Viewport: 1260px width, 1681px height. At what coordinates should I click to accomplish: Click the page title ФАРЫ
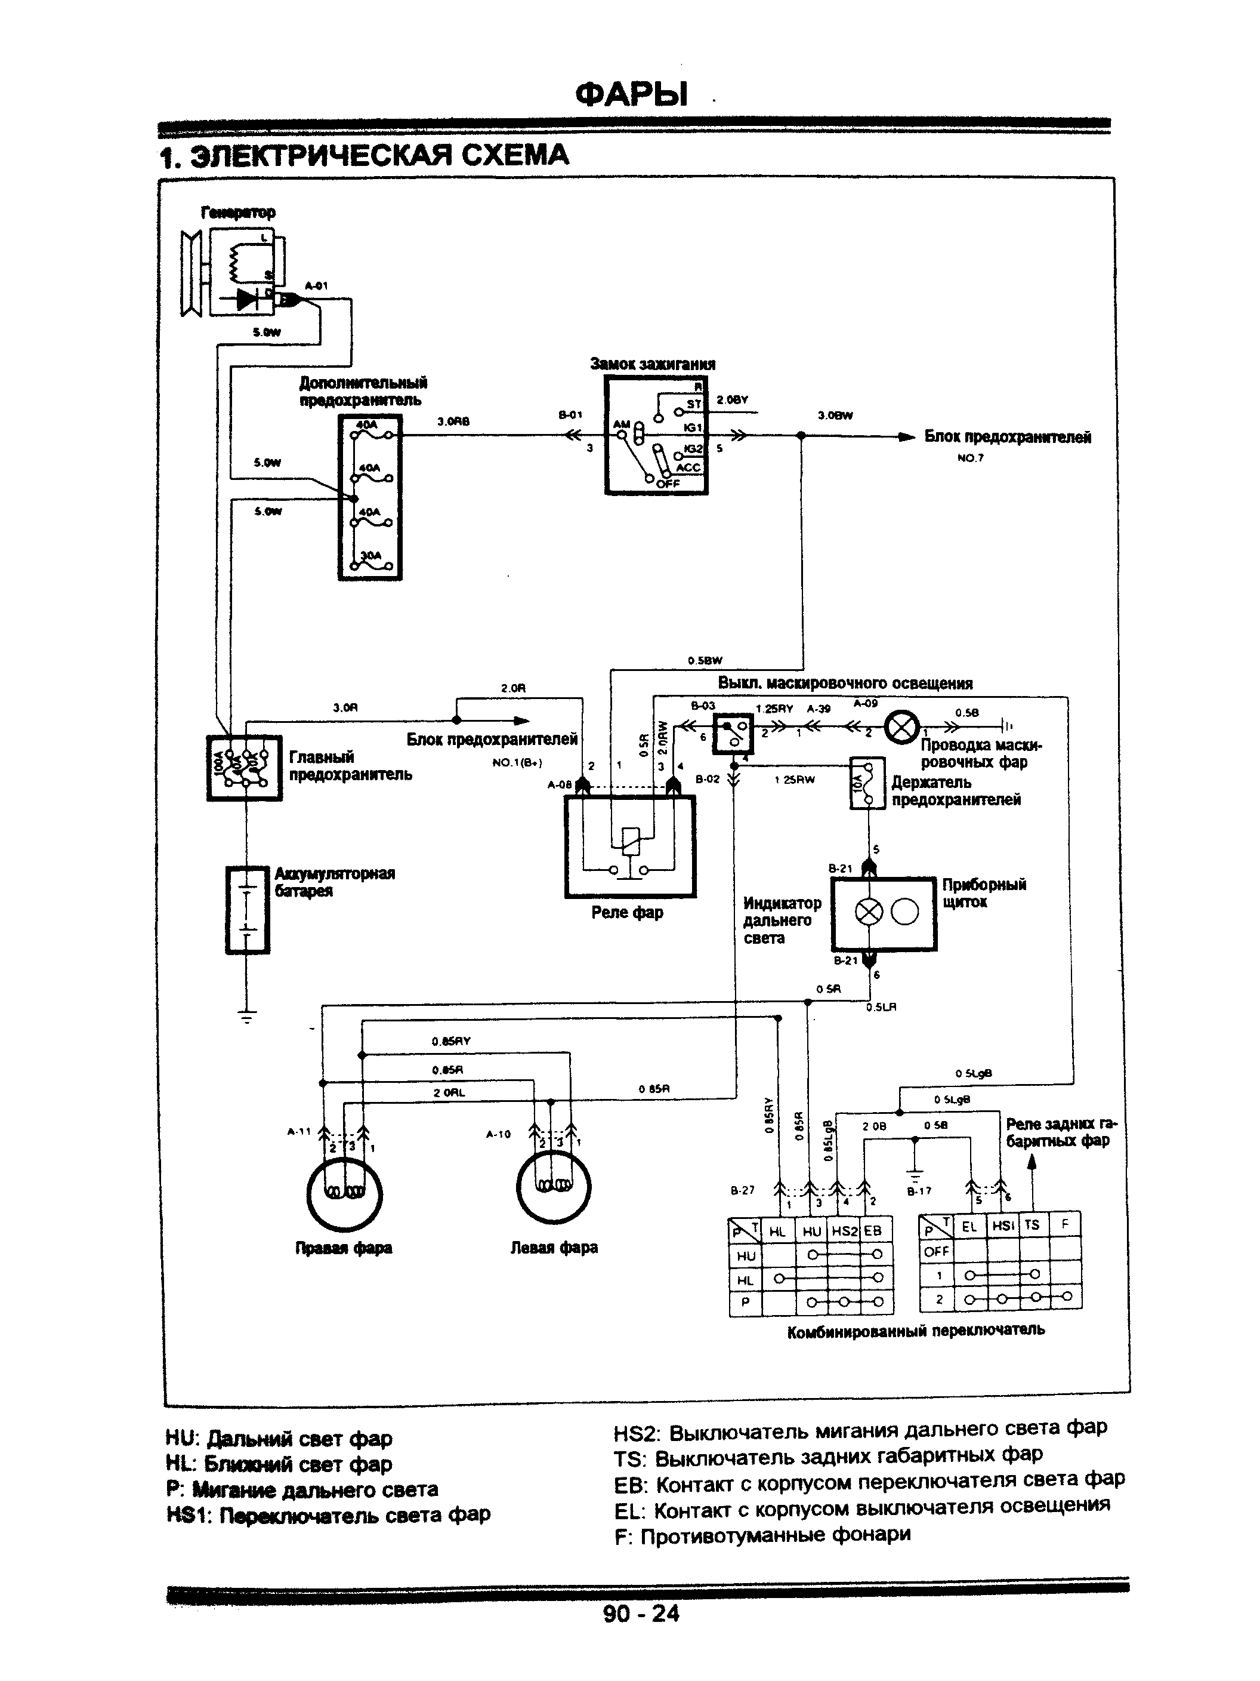[631, 94]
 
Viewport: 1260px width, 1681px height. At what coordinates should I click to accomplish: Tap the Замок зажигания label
[653, 364]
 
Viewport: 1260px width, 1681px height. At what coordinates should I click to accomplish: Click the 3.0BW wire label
[835, 415]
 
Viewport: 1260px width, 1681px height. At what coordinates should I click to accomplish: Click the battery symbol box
[248, 909]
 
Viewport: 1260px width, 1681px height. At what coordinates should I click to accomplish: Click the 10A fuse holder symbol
[867, 783]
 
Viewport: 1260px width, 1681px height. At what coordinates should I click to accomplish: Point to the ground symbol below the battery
[248, 1016]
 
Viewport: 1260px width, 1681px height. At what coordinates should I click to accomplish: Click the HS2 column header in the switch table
[843, 1231]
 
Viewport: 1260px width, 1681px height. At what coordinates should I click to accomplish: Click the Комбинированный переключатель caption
[915, 1330]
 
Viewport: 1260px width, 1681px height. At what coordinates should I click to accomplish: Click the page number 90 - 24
[641, 1634]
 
